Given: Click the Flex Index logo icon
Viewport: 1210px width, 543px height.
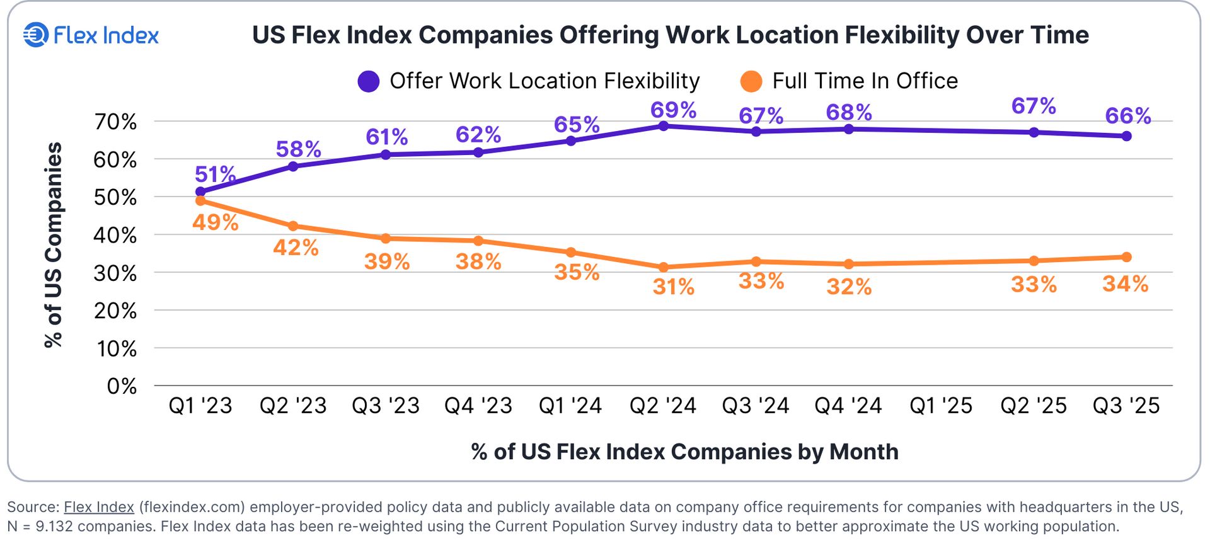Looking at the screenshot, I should coord(36,35).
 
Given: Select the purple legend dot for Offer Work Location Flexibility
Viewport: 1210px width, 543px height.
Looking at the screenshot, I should coord(368,81).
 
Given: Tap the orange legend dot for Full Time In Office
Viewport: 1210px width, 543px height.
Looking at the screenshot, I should coord(751,81).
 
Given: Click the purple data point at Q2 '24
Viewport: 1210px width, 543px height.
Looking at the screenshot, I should coord(663,126).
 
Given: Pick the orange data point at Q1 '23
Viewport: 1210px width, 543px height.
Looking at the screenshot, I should coord(200,200).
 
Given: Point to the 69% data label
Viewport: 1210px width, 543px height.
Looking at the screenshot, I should coord(673,110).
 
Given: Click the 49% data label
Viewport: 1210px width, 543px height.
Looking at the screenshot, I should coord(215,222).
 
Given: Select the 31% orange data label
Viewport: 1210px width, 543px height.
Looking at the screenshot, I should coord(673,287).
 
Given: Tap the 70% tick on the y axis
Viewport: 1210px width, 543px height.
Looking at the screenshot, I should coord(115,122).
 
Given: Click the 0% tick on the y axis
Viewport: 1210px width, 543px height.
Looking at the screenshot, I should coord(122,386).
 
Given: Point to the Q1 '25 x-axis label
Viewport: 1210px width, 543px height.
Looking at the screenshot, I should coord(941,406).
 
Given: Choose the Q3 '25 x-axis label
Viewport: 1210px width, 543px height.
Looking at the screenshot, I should coord(1126,406).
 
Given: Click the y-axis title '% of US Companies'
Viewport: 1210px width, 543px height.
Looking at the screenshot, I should coord(54,244).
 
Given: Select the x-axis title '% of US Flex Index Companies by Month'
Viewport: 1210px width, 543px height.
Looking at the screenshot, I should coord(684,452).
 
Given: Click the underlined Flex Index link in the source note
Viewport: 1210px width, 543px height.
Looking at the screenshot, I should coord(99,507).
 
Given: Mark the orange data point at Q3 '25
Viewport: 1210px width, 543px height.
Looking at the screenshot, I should coord(1127,257).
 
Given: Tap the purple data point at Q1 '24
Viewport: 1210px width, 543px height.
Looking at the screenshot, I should coord(571,141).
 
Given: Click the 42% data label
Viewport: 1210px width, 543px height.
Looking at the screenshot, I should coord(296,248).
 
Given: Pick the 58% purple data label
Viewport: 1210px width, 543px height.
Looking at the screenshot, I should coord(298,149).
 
